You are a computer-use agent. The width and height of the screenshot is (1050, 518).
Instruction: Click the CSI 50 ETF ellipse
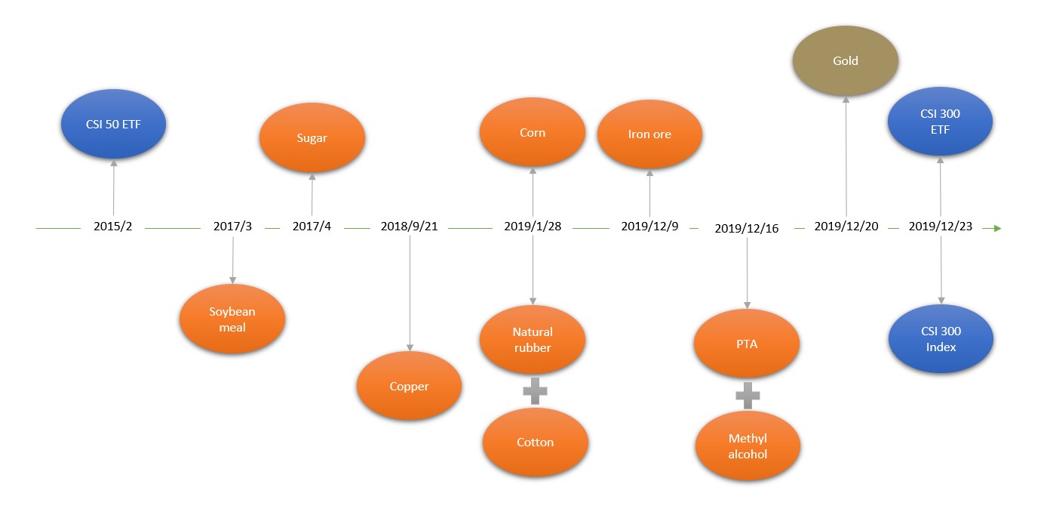click(113, 125)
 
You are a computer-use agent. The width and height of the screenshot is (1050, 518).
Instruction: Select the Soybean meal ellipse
click(232, 319)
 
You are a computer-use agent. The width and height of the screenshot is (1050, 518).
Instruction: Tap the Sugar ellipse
click(312, 138)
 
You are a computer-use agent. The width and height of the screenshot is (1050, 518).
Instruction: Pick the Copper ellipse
click(409, 386)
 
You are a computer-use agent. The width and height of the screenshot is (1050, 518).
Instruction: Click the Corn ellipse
click(533, 132)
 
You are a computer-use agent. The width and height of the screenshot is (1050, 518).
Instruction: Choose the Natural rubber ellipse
click(533, 340)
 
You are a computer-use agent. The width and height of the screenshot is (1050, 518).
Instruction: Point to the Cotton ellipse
click(536, 442)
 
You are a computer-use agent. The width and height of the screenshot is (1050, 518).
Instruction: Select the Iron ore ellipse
click(649, 134)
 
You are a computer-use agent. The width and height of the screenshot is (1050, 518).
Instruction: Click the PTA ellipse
click(747, 344)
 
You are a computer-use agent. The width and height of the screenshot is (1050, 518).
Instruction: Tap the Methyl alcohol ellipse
click(748, 446)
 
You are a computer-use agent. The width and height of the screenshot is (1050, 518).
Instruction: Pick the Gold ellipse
click(846, 60)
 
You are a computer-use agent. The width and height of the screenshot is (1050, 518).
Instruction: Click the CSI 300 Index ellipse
click(941, 339)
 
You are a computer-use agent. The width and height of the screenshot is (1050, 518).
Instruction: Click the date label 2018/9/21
click(409, 227)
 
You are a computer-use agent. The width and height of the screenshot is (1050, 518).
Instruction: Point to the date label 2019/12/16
click(747, 228)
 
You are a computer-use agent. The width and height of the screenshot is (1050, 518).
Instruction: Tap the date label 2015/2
click(113, 227)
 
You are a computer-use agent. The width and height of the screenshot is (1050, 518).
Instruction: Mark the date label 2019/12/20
click(846, 227)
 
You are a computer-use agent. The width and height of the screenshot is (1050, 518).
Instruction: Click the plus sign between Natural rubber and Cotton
click(535, 391)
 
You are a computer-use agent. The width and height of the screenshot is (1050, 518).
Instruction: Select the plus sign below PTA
click(748, 394)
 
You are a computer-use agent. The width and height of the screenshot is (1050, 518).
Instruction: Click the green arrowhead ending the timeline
click(997, 227)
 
